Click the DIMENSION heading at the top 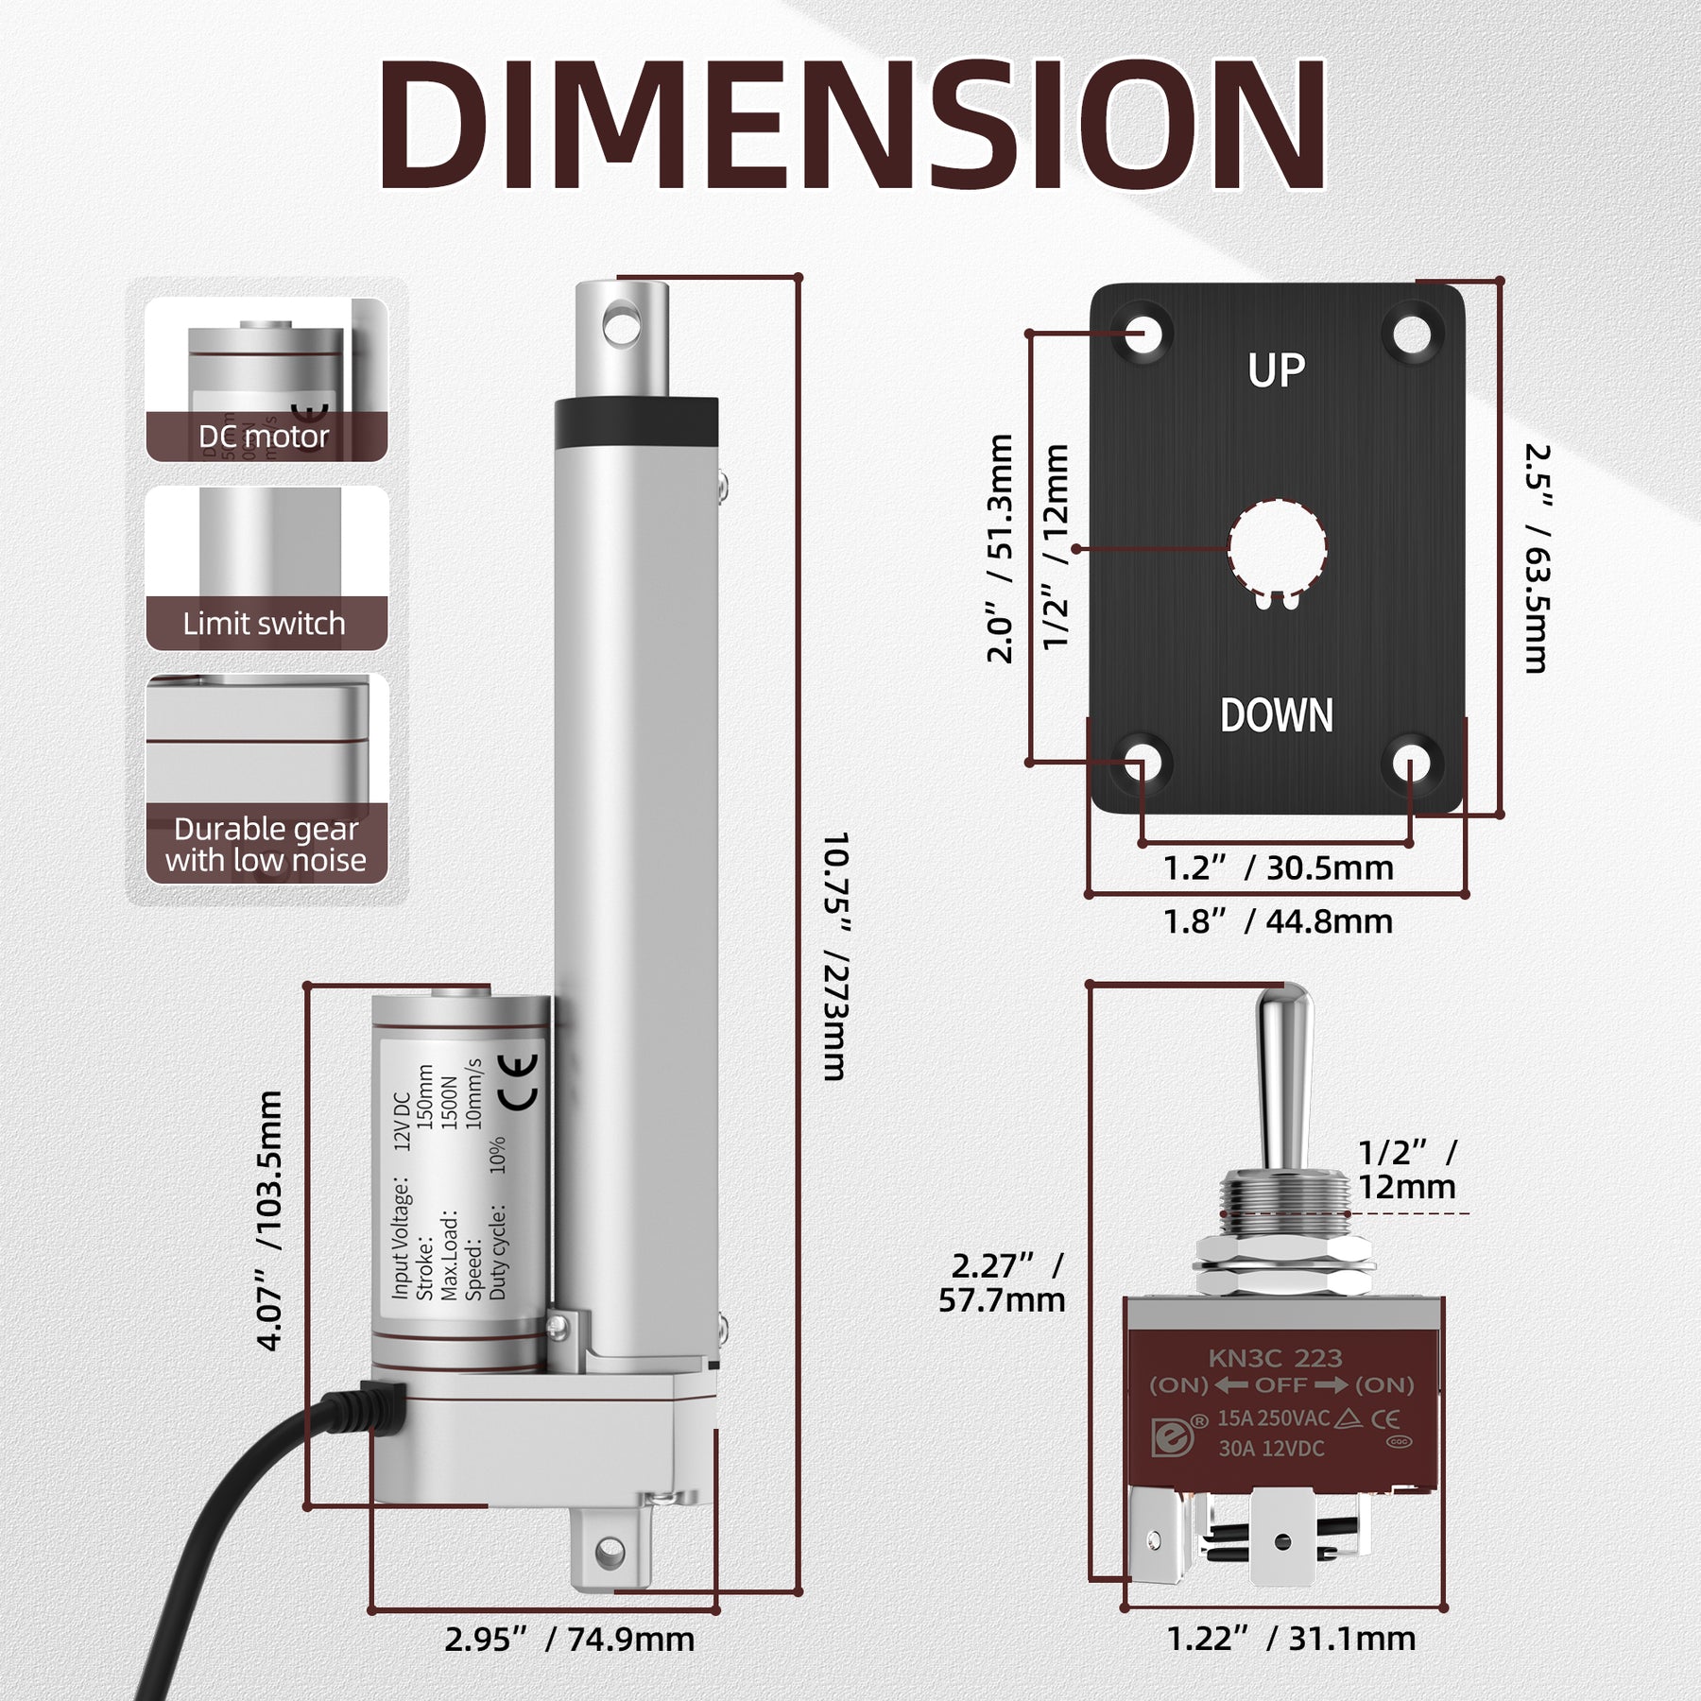coord(850,128)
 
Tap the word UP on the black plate coord(1276,370)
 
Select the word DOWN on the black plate coord(1276,715)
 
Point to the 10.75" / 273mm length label coord(834,954)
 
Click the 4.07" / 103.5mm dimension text coord(270,1220)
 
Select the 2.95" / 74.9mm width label coord(570,1638)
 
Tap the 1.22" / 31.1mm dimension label coord(1291,1638)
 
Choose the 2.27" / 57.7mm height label coord(1004,1282)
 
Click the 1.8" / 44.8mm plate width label coord(1278,921)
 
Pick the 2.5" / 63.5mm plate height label coord(1537,558)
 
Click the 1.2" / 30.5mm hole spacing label coord(1278,868)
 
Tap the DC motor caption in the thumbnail coord(264,437)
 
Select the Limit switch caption coord(265,624)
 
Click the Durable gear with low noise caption coord(266,844)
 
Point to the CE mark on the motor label coord(519,1082)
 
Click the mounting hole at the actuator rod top coord(621,323)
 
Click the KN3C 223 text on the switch coord(1275,1358)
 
